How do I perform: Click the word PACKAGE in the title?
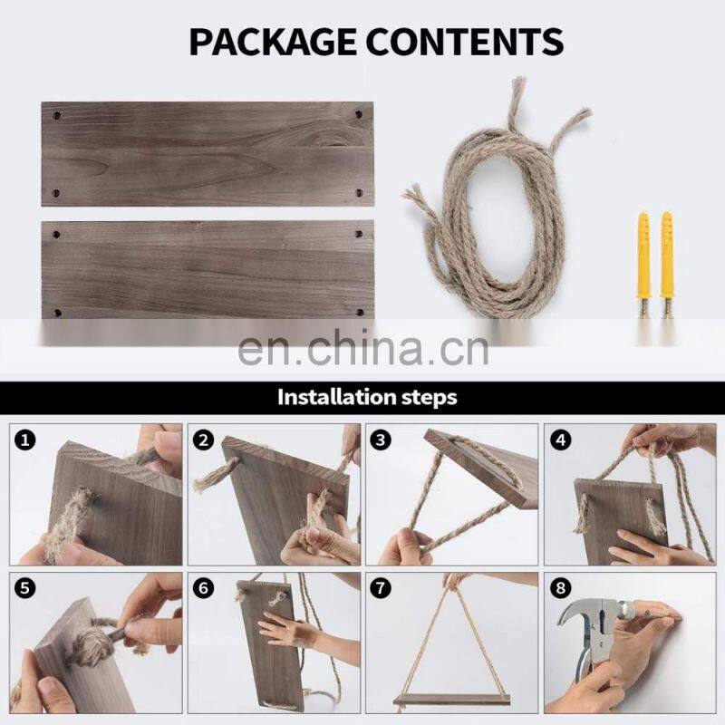pyautogui.click(x=273, y=42)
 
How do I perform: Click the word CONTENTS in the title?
pyautogui.click(x=465, y=42)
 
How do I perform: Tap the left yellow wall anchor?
pyautogui.click(x=643, y=265)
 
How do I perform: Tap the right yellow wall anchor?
pyautogui.click(x=666, y=265)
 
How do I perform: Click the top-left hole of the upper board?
pyautogui.click(x=57, y=115)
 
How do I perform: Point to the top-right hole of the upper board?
pyautogui.click(x=358, y=114)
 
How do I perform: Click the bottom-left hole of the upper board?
pyautogui.click(x=56, y=193)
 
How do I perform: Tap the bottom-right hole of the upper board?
pyautogui.click(x=359, y=193)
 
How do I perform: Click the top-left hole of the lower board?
pyautogui.click(x=57, y=235)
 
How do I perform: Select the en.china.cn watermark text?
pyautogui.click(x=363, y=349)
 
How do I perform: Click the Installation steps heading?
pyautogui.click(x=367, y=397)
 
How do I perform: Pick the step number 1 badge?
pyautogui.click(x=25, y=440)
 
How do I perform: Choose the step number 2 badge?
pyautogui.click(x=203, y=440)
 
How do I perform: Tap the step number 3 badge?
pyautogui.click(x=381, y=440)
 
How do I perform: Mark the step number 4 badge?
pyautogui.click(x=560, y=440)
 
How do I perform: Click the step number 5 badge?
pyautogui.click(x=25, y=588)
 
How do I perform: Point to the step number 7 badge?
pyautogui.click(x=381, y=588)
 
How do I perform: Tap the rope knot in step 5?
pyautogui.click(x=95, y=642)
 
